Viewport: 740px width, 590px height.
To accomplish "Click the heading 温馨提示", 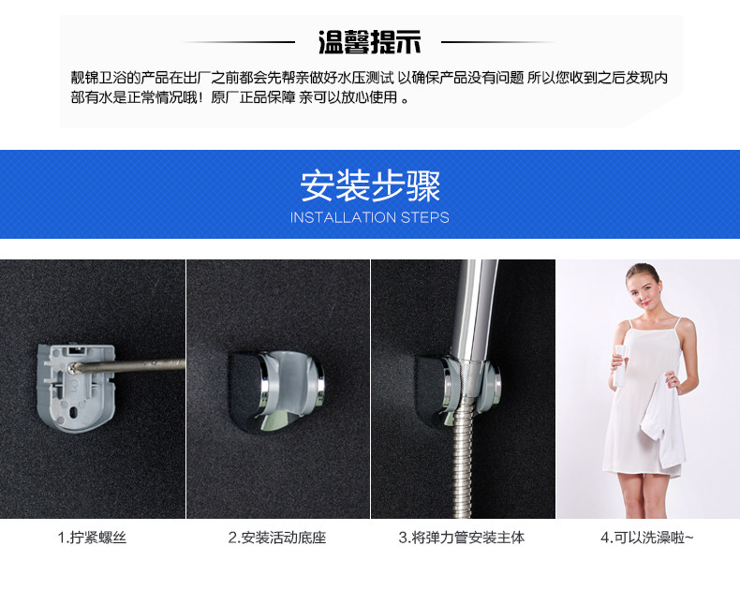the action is pyautogui.click(x=369, y=42).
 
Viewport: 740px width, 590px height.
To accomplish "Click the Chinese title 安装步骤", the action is pyautogui.click(x=370, y=186).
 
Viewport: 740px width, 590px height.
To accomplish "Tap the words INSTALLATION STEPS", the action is pyautogui.click(x=369, y=217).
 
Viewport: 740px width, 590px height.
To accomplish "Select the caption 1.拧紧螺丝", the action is pyautogui.click(x=92, y=538).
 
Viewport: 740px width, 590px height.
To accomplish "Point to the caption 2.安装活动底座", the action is pyautogui.click(x=277, y=538).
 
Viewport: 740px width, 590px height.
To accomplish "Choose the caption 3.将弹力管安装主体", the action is pyautogui.click(x=462, y=538).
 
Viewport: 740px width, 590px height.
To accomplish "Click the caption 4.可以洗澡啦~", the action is pyautogui.click(x=647, y=538).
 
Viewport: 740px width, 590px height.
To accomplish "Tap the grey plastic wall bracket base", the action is pyautogui.click(x=76, y=388).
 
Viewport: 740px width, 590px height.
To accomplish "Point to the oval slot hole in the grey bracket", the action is pyautogui.click(x=75, y=412).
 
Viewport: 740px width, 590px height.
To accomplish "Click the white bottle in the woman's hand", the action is pyautogui.click(x=619, y=365).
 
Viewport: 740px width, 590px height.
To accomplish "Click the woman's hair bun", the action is pyautogui.click(x=642, y=269).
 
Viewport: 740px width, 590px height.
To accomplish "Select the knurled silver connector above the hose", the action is pyautogui.click(x=468, y=376).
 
